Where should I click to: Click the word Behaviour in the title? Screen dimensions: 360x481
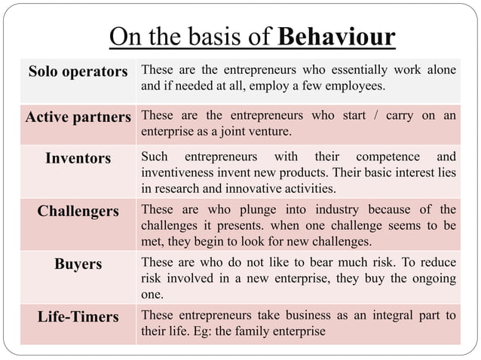click(336, 37)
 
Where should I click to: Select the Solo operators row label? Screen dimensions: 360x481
click(78, 72)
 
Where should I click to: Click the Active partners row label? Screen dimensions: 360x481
click(78, 117)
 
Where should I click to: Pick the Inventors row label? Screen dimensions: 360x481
click(78, 158)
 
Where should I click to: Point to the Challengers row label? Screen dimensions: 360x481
click(78, 211)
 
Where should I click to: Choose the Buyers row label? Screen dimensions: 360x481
click(78, 264)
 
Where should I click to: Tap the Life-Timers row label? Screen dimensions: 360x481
click(78, 317)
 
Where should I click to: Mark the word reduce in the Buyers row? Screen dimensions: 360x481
click(437, 264)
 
